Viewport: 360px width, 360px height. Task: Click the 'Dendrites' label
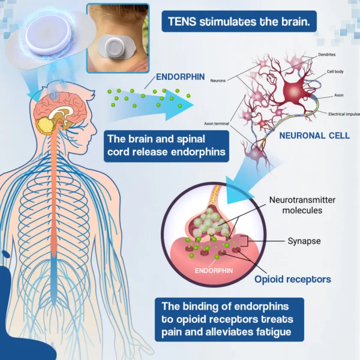coord(327,55)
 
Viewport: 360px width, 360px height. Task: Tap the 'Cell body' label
coord(335,71)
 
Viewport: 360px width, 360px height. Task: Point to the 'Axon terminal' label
coord(217,124)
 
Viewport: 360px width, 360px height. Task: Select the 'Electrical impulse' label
coord(344,114)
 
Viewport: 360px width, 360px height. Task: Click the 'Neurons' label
coord(218,80)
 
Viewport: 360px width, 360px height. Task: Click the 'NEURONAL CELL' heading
coord(314,136)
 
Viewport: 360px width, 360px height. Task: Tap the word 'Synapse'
coord(304,241)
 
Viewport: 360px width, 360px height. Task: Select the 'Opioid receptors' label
coord(293,280)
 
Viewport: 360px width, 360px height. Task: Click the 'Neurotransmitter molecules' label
coord(302,205)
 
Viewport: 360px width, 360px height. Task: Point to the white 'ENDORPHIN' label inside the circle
coord(214,271)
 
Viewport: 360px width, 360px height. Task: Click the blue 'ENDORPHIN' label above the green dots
coord(180,77)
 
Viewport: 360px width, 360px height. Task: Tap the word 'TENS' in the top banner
coord(182,22)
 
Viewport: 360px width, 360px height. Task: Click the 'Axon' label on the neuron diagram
coord(338,95)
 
